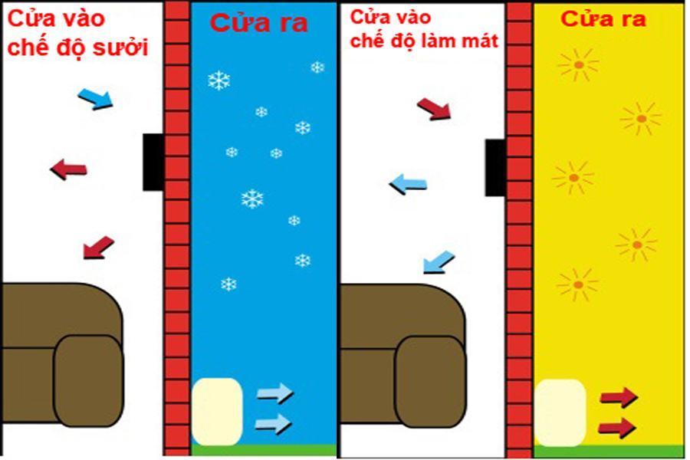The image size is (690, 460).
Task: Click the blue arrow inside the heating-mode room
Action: [x=96, y=97]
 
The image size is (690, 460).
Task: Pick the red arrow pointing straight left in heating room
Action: [x=68, y=168]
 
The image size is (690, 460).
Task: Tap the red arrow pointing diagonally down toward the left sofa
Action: [x=98, y=247]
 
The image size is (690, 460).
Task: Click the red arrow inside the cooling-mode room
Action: [x=434, y=108]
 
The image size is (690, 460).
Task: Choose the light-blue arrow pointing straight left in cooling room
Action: [x=408, y=183]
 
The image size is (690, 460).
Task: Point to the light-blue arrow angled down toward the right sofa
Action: [x=439, y=263]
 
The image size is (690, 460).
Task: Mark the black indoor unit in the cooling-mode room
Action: [x=495, y=167]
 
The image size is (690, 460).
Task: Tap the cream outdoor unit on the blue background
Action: [x=217, y=411]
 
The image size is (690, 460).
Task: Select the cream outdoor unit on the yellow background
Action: [x=560, y=412]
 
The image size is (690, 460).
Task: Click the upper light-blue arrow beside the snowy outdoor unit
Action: [x=274, y=394]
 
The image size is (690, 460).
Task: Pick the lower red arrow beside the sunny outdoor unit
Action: [x=618, y=426]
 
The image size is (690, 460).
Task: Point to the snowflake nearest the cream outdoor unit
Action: [x=228, y=284]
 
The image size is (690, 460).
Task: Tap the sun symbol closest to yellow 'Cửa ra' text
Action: [x=579, y=65]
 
